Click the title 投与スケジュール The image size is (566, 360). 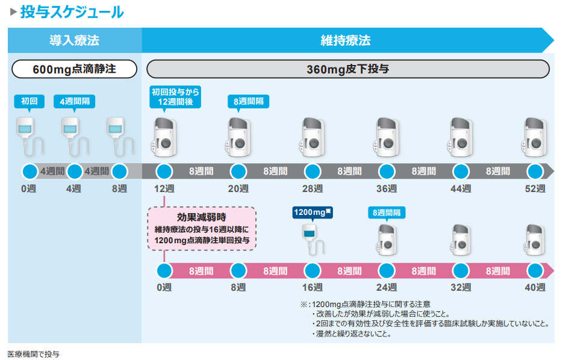pyautogui.click(x=72, y=11)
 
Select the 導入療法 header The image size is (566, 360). pyautogui.click(x=74, y=41)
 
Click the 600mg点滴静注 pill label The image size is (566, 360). pyautogui.click(x=74, y=69)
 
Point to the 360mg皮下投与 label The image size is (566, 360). pyautogui.click(x=348, y=69)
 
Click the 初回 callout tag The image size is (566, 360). pyautogui.click(x=29, y=101)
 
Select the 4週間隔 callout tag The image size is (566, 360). pyautogui.click(x=75, y=101)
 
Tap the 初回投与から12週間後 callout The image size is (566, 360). pyautogui.click(x=175, y=97)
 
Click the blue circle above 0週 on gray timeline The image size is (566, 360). pyautogui.click(x=29, y=172)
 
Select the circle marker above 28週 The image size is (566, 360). pyautogui.click(x=312, y=172)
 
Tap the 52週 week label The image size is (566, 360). pyautogui.click(x=534, y=189)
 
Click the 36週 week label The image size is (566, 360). pyautogui.click(x=386, y=189)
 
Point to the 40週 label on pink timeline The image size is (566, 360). pyautogui.click(x=534, y=287)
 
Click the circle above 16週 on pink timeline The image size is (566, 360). pyautogui.click(x=312, y=270)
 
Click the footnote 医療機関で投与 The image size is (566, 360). pyautogui.click(x=33, y=354)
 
